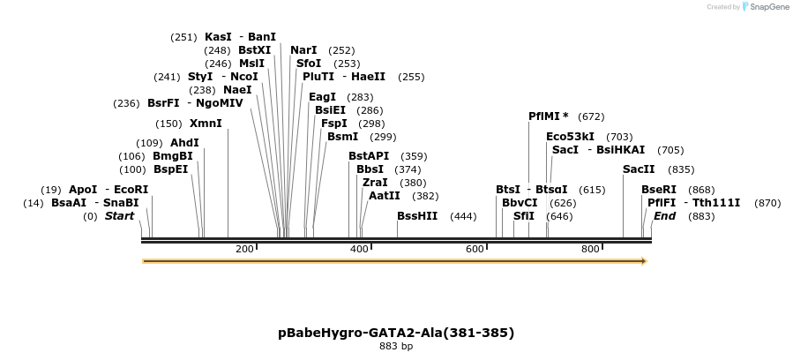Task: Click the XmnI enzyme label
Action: click(x=206, y=124)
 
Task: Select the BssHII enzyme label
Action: click(x=416, y=216)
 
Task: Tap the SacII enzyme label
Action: click(x=639, y=169)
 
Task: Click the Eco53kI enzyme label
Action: click(x=570, y=137)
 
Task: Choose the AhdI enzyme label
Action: click(x=184, y=143)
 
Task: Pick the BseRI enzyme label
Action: click(x=658, y=190)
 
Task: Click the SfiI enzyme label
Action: click(x=523, y=216)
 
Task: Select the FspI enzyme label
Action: click(x=333, y=124)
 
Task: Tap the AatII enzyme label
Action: click(x=384, y=196)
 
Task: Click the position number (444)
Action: click(x=463, y=216)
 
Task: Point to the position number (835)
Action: click(x=681, y=169)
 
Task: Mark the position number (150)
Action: click(x=168, y=124)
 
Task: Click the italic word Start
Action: click(x=120, y=216)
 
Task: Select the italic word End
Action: click(x=664, y=216)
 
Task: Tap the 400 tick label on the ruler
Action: click(x=359, y=250)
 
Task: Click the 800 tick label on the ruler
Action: click(x=590, y=250)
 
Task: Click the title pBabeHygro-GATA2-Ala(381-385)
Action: click(x=396, y=333)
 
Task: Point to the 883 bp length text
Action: click(x=396, y=347)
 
